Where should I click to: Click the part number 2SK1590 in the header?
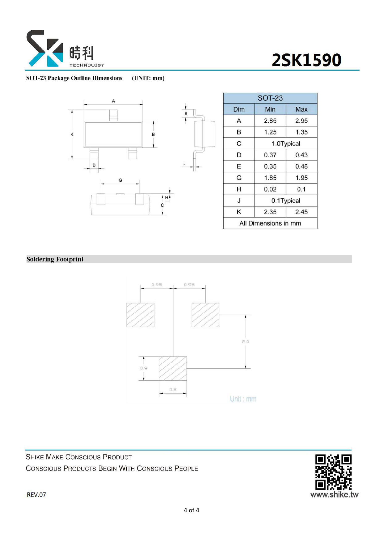306,60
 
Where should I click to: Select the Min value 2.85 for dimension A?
270,121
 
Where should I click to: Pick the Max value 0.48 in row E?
301,166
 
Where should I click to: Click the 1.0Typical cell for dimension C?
286,144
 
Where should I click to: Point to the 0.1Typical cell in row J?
286,201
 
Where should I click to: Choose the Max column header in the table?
301,109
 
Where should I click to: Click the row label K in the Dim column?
239,212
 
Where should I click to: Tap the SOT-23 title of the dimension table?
270,98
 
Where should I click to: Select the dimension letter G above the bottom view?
120,180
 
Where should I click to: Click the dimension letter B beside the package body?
153,134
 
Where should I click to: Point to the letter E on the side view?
186,114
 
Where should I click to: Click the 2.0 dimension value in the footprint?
246,342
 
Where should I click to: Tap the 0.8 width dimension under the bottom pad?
173,389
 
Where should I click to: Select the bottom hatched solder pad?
173,368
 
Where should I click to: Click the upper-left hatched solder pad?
140,315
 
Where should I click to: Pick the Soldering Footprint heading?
55,259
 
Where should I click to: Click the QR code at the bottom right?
333,472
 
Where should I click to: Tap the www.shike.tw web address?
334,495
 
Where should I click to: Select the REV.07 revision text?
36,495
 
